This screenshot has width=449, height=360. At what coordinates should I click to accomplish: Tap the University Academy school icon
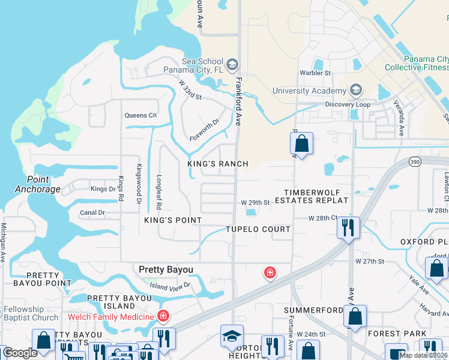[x=355, y=91]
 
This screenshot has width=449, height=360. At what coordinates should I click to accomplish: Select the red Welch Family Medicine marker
[x=162, y=316]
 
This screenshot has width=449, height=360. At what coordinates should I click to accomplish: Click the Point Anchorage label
[x=44, y=184]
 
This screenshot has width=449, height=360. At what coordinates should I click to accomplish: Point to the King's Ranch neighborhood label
[x=217, y=164]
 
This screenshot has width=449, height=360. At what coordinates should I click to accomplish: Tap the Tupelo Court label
[x=258, y=229]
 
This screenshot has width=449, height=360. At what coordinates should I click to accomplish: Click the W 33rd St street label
[x=190, y=92]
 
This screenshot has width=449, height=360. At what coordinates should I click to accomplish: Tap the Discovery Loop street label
[x=348, y=104]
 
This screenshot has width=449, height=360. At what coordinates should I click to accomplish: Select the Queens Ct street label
[x=140, y=115]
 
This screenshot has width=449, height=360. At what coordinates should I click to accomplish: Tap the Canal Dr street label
[x=92, y=212]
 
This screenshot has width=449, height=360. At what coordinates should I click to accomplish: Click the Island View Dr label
[x=170, y=286]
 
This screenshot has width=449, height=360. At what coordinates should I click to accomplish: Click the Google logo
[x=20, y=353]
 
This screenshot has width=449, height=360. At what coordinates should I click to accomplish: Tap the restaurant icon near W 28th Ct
[x=348, y=227]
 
